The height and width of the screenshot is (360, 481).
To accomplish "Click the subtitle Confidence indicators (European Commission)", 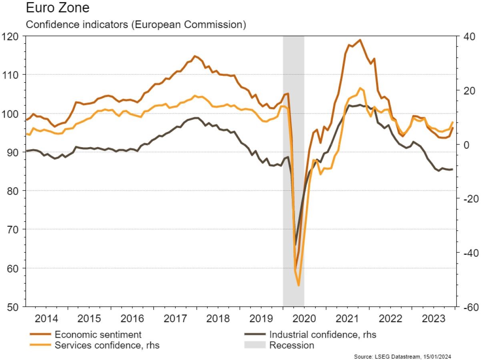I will [x=136, y=24].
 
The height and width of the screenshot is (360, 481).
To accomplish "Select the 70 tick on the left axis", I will [x=13, y=229].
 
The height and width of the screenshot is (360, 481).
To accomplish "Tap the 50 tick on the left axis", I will [x=13, y=307].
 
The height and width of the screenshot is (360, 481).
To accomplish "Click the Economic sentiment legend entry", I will [x=98, y=334].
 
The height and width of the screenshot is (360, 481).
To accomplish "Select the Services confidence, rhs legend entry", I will [x=107, y=345].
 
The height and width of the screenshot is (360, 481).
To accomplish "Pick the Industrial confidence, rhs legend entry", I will [x=323, y=334].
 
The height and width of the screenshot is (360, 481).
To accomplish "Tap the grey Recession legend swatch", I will [x=255, y=345].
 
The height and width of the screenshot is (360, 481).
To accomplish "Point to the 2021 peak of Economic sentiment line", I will [x=360, y=40].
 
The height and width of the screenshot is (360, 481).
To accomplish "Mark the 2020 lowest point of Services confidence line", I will [x=299, y=285].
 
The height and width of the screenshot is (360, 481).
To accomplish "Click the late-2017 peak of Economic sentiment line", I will [x=195, y=56].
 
